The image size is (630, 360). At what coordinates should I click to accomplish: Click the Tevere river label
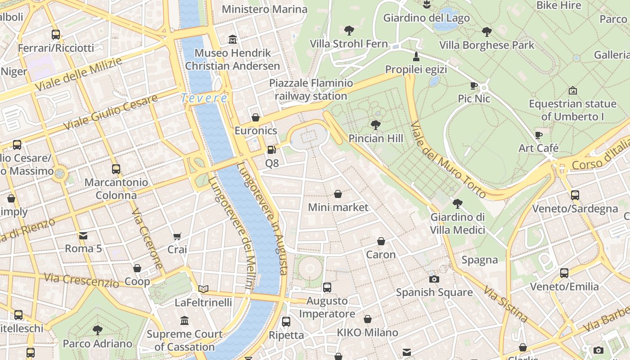(x=204, y=98)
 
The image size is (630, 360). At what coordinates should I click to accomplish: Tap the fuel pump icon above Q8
(x=271, y=150)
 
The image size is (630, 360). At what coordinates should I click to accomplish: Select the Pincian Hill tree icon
(x=375, y=125)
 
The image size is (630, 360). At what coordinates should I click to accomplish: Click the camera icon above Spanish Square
(x=434, y=279)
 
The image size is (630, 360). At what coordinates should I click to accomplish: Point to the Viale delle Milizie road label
(x=79, y=74)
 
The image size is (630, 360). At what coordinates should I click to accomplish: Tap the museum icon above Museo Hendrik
(x=233, y=40)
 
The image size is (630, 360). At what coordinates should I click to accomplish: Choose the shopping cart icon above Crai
(x=177, y=236)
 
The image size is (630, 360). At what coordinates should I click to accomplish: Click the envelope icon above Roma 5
(x=83, y=235)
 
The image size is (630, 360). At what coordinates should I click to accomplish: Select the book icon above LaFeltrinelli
(x=203, y=289)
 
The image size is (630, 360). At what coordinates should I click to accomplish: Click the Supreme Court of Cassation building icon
(x=184, y=321)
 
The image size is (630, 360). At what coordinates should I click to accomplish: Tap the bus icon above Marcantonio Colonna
(x=116, y=169)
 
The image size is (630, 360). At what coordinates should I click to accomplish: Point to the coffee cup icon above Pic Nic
(x=473, y=85)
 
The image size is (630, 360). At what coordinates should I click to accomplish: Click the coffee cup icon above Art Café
(x=538, y=135)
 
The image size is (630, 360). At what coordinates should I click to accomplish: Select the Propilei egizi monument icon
(x=416, y=57)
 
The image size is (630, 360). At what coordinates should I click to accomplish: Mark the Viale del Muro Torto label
(x=447, y=159)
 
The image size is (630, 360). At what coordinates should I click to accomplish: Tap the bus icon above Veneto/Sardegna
(x=575, y=195)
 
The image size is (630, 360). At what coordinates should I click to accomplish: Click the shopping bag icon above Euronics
(x=256, y=117)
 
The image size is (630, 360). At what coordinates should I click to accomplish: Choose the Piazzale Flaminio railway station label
(x=311, y=90)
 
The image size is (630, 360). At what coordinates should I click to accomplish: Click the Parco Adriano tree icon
(x=97, y=331)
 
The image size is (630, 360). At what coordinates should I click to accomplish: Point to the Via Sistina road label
(x=506, y=303)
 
